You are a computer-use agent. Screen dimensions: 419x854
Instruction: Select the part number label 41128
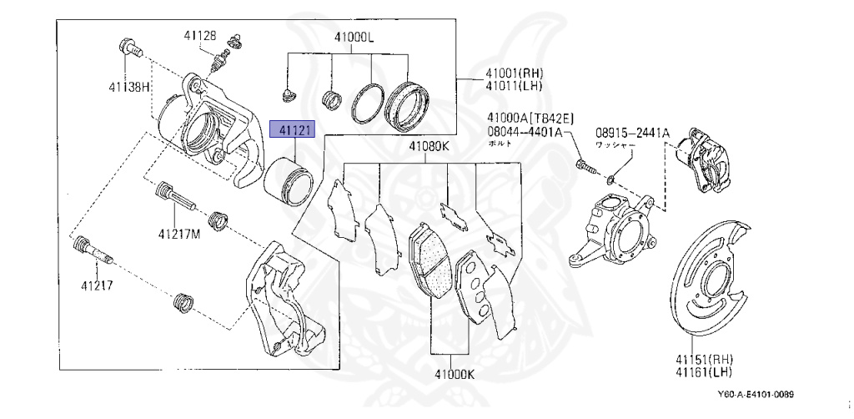(x=200, y=35)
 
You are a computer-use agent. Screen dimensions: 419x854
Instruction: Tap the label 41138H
(x=128, y=86)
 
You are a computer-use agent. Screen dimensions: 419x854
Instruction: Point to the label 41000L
(x=354, y=38)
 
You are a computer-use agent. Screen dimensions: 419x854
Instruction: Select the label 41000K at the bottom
(x=453, y=375)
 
